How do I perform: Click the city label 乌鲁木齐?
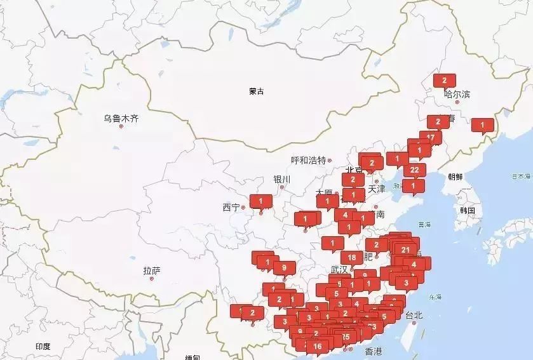coord(121,117)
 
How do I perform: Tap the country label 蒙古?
coord(257,91)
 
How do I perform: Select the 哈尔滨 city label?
coord(457,95)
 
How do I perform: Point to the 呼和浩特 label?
coord(308,160)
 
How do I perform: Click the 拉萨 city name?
coord(152,271)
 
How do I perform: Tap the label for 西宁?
coord(231,207)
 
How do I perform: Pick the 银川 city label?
coord(281,179)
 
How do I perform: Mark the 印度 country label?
coord(43,346)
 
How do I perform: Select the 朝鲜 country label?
coord(455,177)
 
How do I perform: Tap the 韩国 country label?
coord(468,210)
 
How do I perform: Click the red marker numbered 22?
coord(414,170)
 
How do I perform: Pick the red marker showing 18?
coord(352,257)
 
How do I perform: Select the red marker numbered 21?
coord(405,249)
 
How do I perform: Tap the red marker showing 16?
coord(318,346)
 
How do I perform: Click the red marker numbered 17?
coord(431,137)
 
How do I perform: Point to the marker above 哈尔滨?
coord(444,80)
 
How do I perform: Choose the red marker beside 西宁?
coord(260,201)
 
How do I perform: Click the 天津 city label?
coord(377,189)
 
